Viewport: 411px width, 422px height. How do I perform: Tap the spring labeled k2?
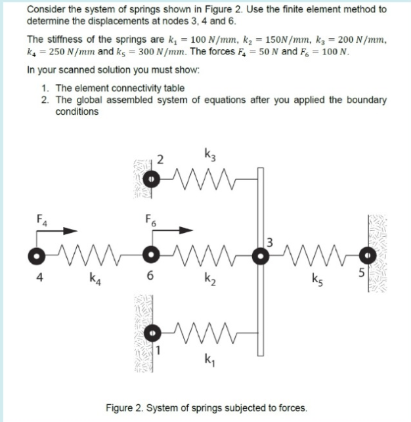tap(207, 253)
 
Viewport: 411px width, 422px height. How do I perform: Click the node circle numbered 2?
tap(151, 178)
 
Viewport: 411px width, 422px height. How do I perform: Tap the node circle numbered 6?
tap(151, 253)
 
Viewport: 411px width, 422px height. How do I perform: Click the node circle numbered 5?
tap(368, 253)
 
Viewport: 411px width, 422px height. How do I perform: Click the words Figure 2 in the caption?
tap(125, 407)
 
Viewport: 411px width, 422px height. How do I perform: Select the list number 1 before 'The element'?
tap(43, 88)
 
